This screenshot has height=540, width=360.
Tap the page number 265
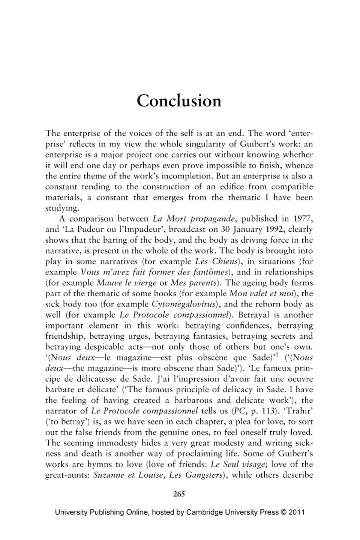(x=179, y=494)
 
